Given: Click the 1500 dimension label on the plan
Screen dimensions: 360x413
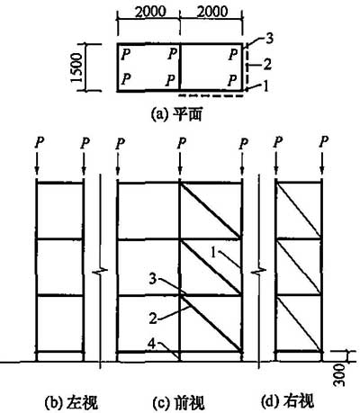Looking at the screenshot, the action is tap(76, 67).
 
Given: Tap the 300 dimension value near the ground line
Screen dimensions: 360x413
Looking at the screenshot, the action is tap(339, 375).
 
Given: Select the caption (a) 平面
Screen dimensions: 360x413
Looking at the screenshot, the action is tap(176, 115).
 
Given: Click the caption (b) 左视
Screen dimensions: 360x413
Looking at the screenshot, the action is tap(71, 402).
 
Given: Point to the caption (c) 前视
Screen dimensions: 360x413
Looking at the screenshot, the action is tap(179, 403).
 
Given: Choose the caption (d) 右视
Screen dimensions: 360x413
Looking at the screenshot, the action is tap(288, 401).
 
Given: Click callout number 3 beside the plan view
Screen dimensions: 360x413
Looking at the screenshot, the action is tap(270, 39).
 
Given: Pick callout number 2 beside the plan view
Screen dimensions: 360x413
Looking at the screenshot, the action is tap(267, 64).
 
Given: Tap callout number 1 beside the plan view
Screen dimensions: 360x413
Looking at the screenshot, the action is tap(265, 87).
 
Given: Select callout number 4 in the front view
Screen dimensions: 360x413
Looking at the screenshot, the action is tap(152, 345).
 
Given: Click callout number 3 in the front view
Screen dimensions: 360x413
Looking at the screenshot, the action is tap(154, 280).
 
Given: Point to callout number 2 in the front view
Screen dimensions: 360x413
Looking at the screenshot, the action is tap(153, 319).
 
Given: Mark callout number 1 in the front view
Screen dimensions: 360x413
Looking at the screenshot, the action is tap(213, 253).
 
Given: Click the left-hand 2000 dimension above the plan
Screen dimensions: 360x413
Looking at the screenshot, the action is tap(150, 12).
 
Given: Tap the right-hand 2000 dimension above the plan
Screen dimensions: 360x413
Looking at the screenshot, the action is tap(212, 12).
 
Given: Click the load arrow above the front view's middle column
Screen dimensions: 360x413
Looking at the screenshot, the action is tap(179, 163).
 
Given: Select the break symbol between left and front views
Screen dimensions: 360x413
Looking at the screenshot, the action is tap(100, 272).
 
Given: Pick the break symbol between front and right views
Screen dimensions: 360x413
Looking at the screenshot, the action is tap(258, 272).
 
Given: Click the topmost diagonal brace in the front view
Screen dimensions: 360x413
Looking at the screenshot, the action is tap(211, 211).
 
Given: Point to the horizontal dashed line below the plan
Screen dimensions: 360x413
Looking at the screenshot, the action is tap(211, 96).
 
